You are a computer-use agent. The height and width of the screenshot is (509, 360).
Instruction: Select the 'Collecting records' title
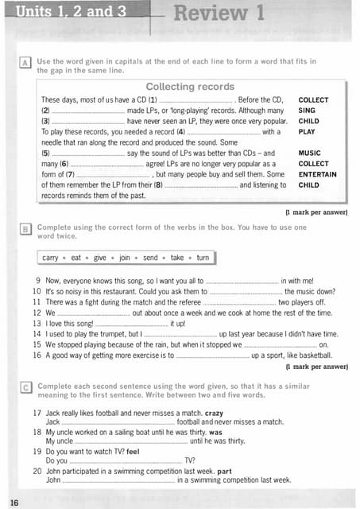pyautogui.click(x=190, y=87)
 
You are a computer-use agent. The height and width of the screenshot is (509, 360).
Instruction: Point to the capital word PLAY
pyautogui.click(x=307, y=132)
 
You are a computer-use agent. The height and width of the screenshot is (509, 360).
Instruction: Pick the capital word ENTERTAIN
pyautogui.click(x=317, y=174)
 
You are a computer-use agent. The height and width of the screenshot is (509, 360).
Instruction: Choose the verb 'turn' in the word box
pyautogui.click(x=203, y=258)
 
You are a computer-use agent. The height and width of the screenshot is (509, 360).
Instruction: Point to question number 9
pyautogui.click(x=38, y=282)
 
